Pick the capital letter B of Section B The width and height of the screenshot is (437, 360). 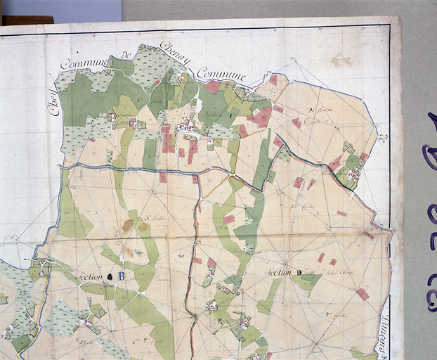[121, 276]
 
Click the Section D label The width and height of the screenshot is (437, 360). [283, 272]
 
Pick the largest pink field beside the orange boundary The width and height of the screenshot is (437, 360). [261, 117]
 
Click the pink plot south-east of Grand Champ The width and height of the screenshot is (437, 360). [362, 294]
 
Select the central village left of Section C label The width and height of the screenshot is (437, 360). [188, 127]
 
